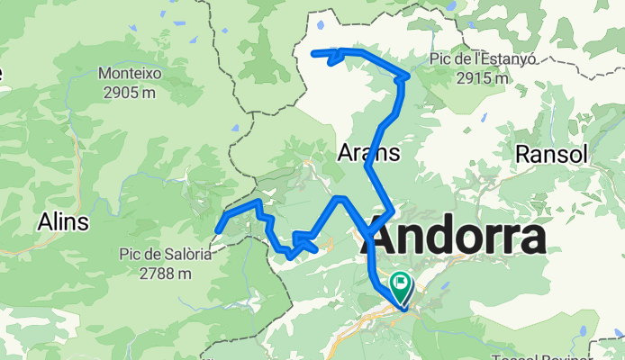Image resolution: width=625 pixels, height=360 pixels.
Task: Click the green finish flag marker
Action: tap(398, 287)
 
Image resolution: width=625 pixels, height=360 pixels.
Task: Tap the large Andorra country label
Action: tap(457, 239)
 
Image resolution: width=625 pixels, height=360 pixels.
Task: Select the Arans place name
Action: tap(368, 153)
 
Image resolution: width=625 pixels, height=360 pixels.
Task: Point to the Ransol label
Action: tap(551, 155)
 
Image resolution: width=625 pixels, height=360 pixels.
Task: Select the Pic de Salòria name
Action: tap(165, 255)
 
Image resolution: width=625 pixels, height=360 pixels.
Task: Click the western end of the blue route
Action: tap(219, 230)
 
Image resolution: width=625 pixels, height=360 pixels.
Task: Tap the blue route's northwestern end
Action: tap(314, 54)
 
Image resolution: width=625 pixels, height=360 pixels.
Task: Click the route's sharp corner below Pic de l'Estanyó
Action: tap(409, 76)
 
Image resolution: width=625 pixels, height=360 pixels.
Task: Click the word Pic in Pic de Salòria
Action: tap(131, 255)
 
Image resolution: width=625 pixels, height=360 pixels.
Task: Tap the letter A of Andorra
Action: tap(389, 239)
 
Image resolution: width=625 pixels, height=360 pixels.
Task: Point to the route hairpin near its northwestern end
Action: tap(335, 58)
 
